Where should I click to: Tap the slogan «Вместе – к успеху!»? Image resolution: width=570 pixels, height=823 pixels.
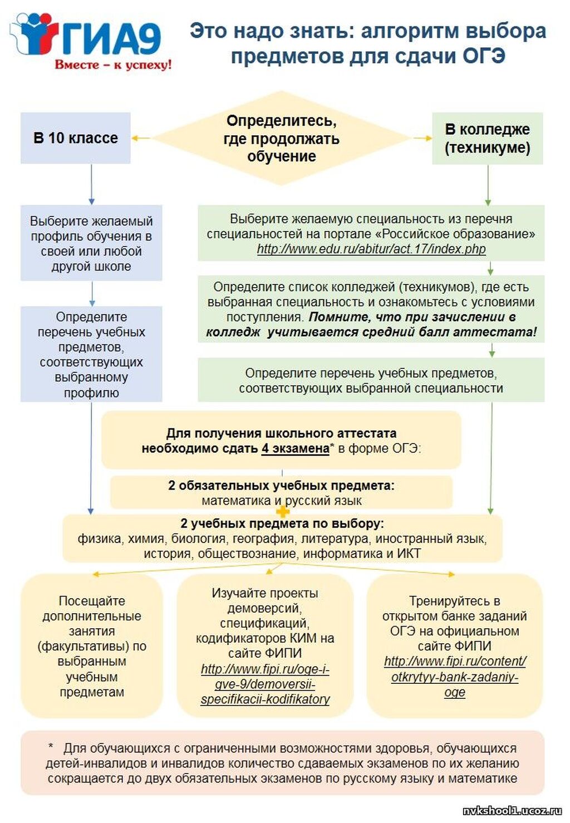click(x=113, y=65)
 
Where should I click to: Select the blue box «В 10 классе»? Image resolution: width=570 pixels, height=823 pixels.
click(x=76, y=138)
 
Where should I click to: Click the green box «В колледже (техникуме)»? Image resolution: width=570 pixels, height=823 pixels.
click(x=487, y=138)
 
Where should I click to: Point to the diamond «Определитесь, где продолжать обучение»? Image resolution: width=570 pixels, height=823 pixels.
click(x=281, y=138)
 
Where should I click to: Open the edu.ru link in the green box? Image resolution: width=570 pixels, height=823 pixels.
click(x=371, y=249)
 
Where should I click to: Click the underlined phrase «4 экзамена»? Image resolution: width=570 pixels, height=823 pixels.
click(x=295, y=449)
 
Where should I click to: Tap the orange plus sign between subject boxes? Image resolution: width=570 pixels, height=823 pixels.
click(x=283, y=511)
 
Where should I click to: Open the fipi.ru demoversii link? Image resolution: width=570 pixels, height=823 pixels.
click(x=265, y=684)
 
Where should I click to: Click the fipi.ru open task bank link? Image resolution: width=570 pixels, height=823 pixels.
click(x=455, y=677)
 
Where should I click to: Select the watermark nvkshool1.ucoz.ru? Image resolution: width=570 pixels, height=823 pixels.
click(x=512, y=811)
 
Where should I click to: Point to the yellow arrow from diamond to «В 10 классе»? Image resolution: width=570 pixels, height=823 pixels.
click(x=141, y=138)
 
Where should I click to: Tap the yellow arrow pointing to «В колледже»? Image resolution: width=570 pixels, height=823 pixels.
click(x=422, y=138)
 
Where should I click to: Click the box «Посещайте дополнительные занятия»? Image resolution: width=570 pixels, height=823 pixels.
click(x=92, y=646)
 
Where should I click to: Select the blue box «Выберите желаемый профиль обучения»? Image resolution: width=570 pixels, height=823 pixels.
click(x=91, y=243)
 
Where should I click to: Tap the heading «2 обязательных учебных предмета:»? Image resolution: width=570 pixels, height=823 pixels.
click(x=281, y=485)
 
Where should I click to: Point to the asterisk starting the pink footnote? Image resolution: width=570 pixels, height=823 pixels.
click(x=51, y=747)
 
